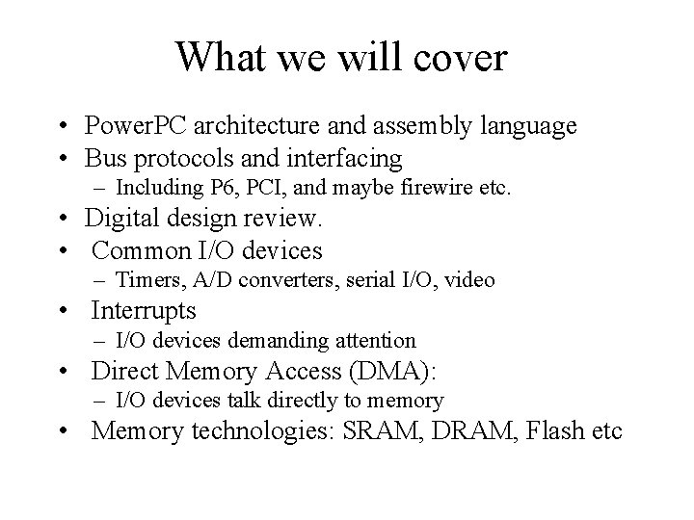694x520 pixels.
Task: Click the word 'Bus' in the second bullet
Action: point(103,157)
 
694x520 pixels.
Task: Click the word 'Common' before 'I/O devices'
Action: point(137,250)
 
